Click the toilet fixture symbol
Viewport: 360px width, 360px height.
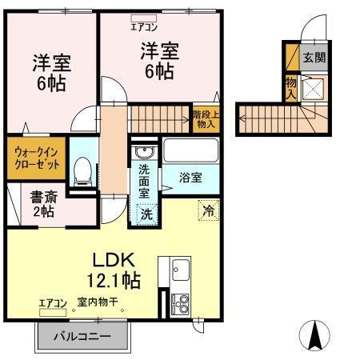pos(81,170)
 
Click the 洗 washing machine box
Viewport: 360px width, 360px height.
pos(146,214)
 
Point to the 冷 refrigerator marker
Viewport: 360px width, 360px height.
pos(207,212)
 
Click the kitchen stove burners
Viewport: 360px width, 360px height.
pos(180,302)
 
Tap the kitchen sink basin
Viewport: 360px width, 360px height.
pos(178,269)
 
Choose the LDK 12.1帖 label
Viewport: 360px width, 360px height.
pos(114,270)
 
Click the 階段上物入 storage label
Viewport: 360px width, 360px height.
pos(205,119)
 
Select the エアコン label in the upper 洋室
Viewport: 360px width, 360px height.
pos(146,26)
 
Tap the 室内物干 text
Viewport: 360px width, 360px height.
pos(98,303)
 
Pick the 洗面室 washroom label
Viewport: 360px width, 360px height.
pos(144,182)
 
